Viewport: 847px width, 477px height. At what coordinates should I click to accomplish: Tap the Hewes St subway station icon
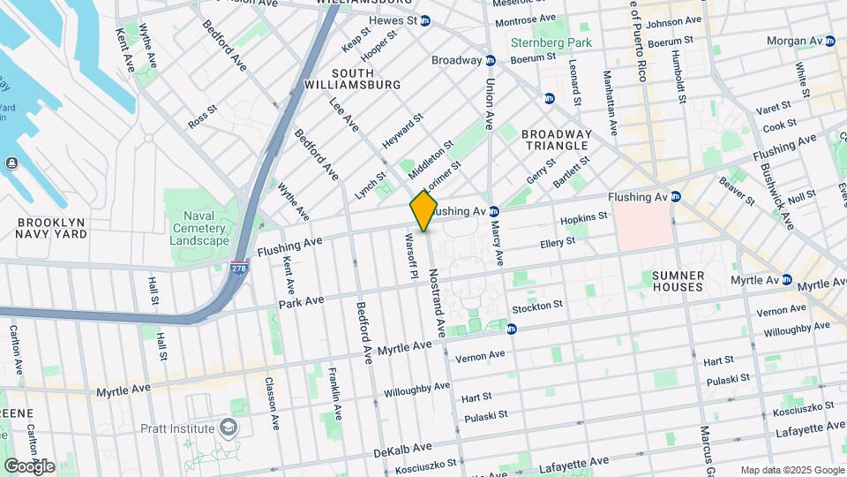pos(425,21)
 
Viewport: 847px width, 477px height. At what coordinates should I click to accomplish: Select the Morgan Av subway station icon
pos(829,41)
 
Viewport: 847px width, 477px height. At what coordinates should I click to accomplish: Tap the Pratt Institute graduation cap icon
pos(229,428)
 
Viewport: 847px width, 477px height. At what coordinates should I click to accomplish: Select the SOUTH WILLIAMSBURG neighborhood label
pos(365,78)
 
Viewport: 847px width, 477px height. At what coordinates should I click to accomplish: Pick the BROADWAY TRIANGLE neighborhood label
pos(555,139)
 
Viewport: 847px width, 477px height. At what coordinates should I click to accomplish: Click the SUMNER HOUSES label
pos(678,281)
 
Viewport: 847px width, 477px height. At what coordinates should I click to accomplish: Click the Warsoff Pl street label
pos(409,256)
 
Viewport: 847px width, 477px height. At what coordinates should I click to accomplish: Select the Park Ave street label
pos(303,301)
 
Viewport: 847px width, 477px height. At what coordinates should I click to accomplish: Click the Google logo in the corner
pos(29,466)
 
